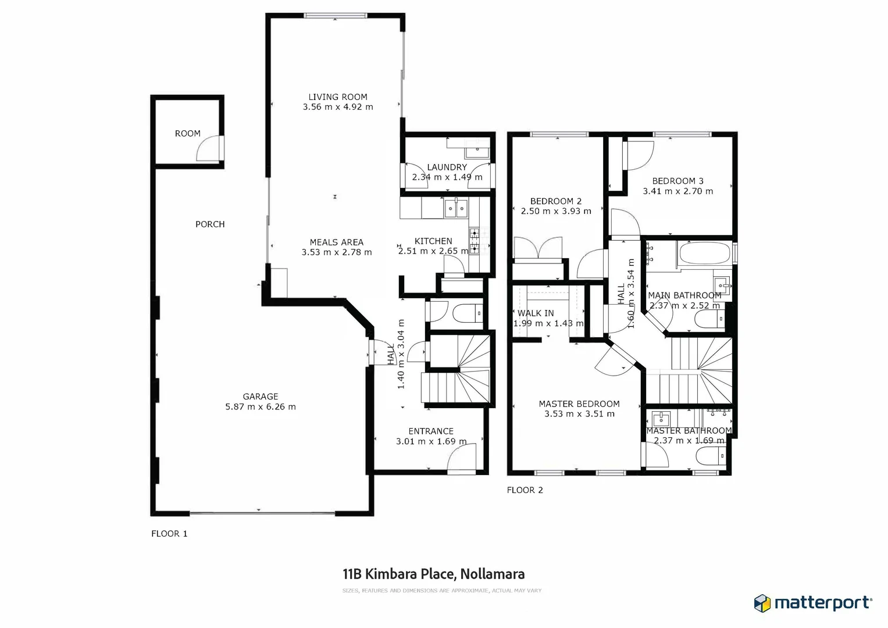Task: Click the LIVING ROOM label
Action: click(x=338, y=97)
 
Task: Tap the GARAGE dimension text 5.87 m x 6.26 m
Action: click(x=261, y=407)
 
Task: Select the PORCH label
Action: click(x=210, y=224)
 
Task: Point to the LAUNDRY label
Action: click(x=447, y=167)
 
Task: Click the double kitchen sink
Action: click(x=456, y=208)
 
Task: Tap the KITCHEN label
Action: click(x=433, y=241)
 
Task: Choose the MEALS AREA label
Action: click(x=337, y=242)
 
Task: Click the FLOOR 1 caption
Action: click(x=169, y=534)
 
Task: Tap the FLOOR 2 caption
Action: click(x=525, y=490)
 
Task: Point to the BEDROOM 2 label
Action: click(x=556, y=201)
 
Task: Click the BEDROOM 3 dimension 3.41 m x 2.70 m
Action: click(x=677, y=191)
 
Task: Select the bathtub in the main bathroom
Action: click(x=704, y=254)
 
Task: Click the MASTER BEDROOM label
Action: click(x=579, y=404)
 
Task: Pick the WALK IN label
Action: click(x=536, y=313)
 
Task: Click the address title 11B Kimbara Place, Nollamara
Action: click(x=434, y=575)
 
